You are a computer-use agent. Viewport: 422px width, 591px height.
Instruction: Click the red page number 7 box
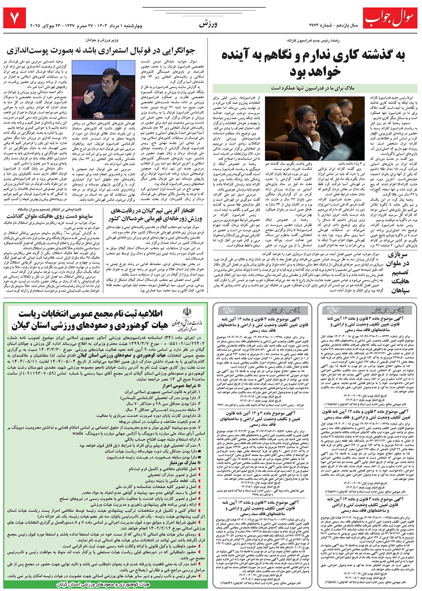[x=14, y=19]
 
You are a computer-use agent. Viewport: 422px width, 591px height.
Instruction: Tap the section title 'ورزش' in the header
[x=208, y=24]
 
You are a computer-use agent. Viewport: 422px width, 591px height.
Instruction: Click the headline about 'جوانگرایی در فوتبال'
[x=101, y=51]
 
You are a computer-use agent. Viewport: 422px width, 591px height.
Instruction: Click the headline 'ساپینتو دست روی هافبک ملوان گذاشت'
[x=49, y=216]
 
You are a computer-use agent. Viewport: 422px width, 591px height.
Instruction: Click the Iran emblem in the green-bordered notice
[x=187, y=313]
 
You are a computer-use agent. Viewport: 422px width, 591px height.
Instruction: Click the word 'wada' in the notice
[x=78, y=433]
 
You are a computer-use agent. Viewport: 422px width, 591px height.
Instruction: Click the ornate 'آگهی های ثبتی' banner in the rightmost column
[x=370, y=310]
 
